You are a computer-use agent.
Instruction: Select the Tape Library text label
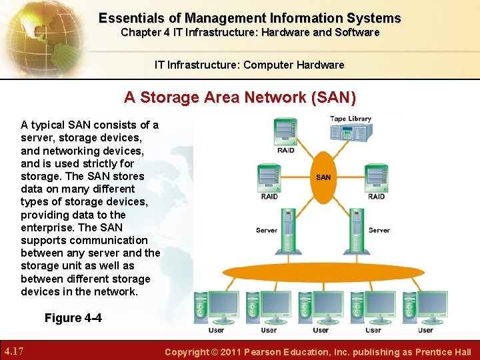pos(351,119)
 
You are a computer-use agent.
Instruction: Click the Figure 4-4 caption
pos(73,318)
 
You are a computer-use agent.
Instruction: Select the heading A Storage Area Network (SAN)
pos(240,97)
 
